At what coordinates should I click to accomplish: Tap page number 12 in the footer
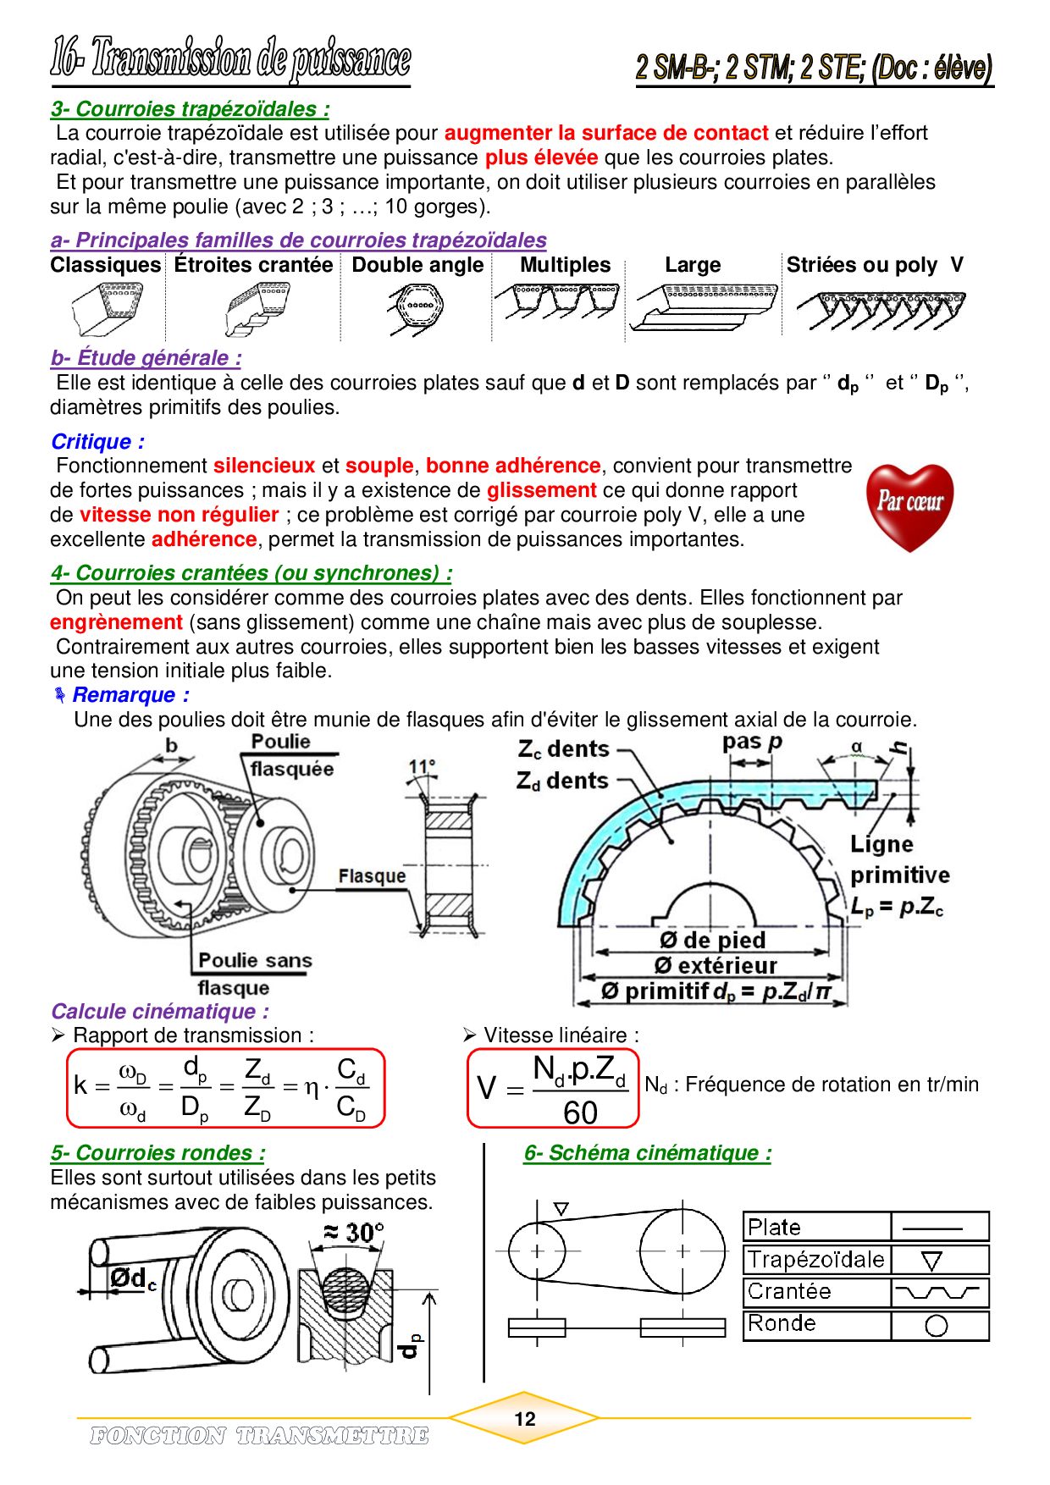pos(525,1419)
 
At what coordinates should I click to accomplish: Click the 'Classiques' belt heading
pos(105,265)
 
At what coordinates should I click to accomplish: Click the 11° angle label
pos(421,767)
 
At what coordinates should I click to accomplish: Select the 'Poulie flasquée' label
pos(292,755)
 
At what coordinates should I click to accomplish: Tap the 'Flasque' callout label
pos(371,876)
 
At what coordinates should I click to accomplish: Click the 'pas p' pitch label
pos(751,742)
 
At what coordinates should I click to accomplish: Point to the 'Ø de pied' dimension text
pos(712,941)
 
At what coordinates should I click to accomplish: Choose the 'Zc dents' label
pos(564,749)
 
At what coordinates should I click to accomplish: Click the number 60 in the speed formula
pos(580,1112)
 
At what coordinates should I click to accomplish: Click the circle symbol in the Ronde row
pos(936,1326)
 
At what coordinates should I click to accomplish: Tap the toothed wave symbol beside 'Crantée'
pos(937,1293)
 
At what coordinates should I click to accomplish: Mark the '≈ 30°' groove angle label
pos(354,1233)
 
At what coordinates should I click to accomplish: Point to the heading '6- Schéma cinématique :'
pos(648,1153)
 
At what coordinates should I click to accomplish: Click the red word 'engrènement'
pos(116,622)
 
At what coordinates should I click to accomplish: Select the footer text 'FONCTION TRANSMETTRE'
pos(259,1435)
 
